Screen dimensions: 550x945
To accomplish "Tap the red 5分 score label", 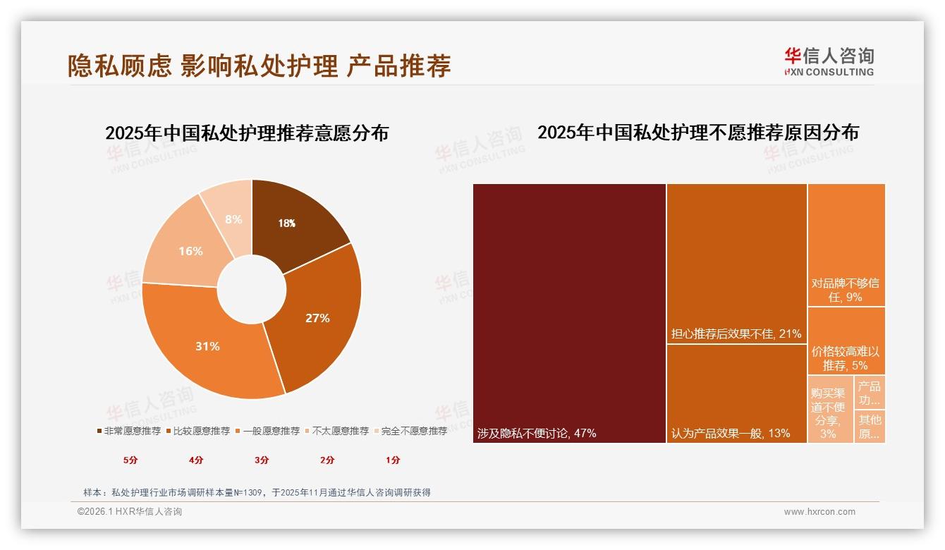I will [130, 460].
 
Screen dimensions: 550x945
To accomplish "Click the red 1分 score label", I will [393, 460].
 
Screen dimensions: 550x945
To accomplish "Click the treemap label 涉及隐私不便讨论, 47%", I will [537, 433].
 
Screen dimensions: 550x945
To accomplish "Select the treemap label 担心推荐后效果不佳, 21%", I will [736, 334].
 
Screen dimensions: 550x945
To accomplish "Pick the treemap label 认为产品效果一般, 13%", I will [731, 433].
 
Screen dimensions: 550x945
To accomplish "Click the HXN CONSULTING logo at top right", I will [829, 61].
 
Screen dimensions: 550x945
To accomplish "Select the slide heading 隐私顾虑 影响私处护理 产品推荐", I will [259, 65].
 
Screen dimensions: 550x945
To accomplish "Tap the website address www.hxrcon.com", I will [819, 512].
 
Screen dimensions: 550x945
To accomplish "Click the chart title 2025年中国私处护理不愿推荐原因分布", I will [698, 133].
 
